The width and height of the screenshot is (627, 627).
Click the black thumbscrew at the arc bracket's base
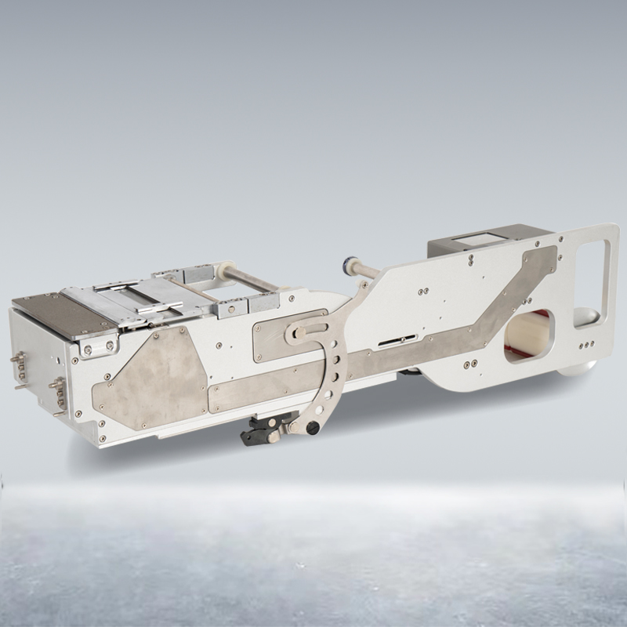click(313, 428)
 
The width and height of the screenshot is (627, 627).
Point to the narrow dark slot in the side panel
click(397, 340)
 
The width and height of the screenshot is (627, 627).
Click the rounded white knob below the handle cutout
click(589, 313)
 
